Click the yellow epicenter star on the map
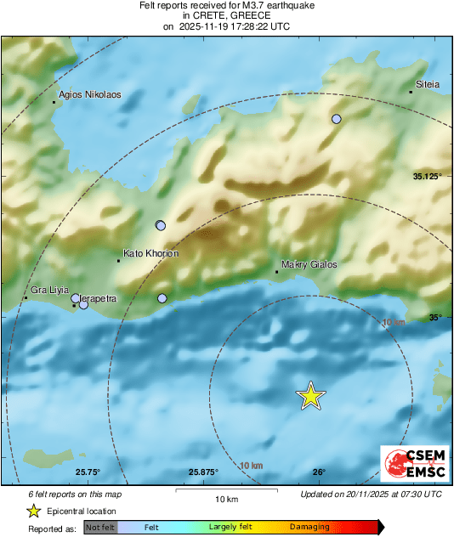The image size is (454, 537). (x=311, y=395)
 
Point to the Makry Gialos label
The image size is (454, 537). (x=309, y=264)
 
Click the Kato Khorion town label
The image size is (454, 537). (x=150, y=253)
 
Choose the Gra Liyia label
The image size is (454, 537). (x=48, y=291)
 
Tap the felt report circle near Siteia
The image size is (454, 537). (x=337, y=120)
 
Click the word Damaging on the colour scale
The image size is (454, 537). (x=309, y=528)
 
